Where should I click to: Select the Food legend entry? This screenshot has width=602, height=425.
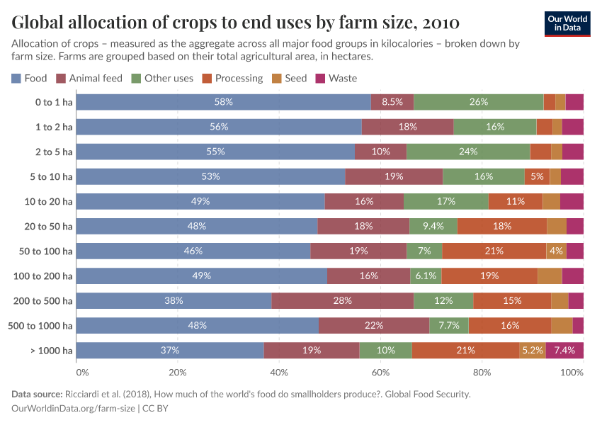(x=29, y=78)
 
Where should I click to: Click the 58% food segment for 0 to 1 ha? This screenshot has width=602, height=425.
(x=223, y=102)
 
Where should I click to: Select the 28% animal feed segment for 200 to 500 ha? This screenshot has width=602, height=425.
(x=343, y=300)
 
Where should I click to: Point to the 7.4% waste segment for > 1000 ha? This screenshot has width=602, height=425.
(x=564, y=350)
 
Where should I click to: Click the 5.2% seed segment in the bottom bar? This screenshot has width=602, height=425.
(x=532, y=350)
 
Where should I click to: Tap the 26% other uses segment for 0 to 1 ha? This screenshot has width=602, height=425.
(x=478, y=102)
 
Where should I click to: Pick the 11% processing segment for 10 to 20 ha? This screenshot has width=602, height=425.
(x=515, y=201)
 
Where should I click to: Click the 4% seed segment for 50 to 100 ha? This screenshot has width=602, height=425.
(x=556, y=251)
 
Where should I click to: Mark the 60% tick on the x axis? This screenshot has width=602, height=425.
(x=380, y=372)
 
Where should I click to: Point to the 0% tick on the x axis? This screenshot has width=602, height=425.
(x=82, y=372)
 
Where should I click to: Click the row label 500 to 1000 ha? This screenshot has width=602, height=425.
(x=42, y=325)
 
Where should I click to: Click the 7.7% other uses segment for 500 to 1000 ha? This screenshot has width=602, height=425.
(x=448, y=325)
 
